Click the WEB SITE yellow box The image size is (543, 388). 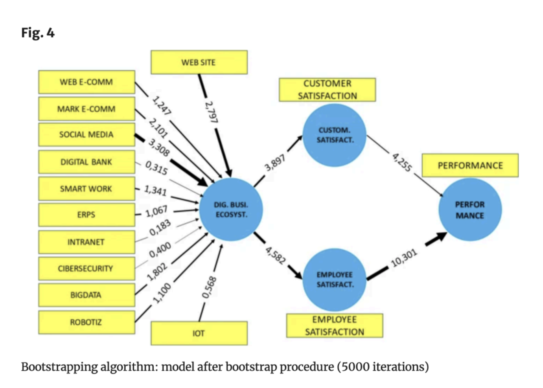199,62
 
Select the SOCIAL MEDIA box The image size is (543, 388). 87,134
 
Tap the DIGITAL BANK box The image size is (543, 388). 87,162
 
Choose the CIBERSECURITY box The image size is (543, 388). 87,268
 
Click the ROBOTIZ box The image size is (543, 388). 87,322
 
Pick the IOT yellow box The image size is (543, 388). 199,333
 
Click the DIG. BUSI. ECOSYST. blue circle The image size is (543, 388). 231,210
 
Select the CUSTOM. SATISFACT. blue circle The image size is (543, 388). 335,135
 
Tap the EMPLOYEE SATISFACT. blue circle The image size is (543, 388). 335,280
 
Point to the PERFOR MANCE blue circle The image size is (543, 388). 470,210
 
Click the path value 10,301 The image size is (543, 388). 403,258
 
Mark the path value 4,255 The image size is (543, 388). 402,162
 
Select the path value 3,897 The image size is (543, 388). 275,163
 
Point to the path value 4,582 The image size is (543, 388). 275,255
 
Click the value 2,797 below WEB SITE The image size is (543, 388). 211,112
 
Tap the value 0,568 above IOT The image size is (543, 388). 209,287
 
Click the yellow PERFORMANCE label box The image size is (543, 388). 470,165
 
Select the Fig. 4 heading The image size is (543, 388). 38,33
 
